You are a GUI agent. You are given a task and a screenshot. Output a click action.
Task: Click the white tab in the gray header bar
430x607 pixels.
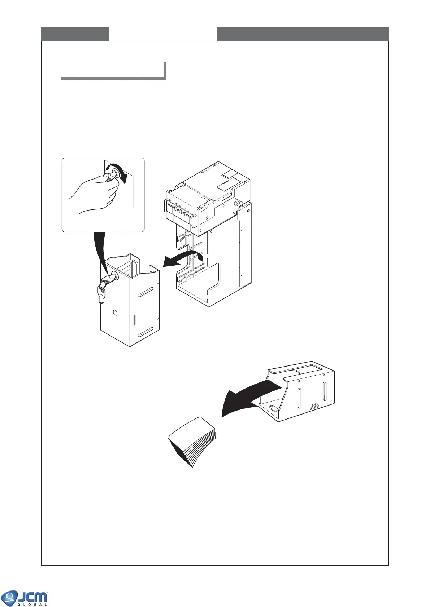coord(162,34)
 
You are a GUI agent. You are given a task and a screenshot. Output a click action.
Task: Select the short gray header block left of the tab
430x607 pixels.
coord(75,34)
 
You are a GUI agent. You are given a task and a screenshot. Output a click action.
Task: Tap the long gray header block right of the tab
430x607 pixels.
coord(303,34)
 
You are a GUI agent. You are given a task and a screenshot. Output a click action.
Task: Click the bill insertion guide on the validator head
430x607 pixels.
coord(181,211)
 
